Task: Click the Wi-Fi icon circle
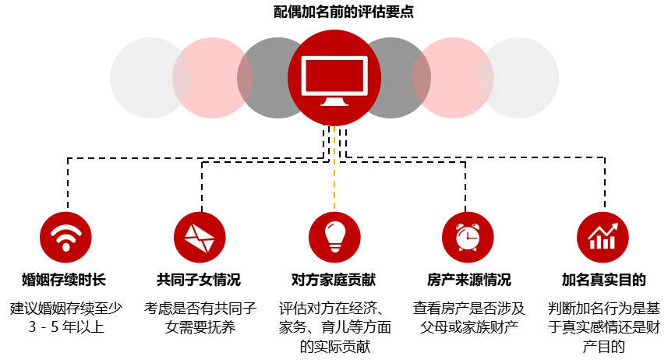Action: [65, 237]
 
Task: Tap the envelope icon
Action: [200, 237]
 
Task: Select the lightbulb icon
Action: [334, 237]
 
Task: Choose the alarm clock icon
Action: [468, 237]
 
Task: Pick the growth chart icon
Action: [602, 237]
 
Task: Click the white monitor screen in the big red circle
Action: [334, 76]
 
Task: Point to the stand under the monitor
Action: [334, 101]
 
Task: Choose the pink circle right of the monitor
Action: [455, 78]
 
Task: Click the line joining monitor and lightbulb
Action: [334, 168]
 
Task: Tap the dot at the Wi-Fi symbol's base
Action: [65, 247]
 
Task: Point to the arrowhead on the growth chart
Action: [614, 226]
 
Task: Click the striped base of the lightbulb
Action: [334, 247]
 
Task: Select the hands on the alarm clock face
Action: [468, 237]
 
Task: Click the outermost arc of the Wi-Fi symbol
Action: [65, 228]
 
